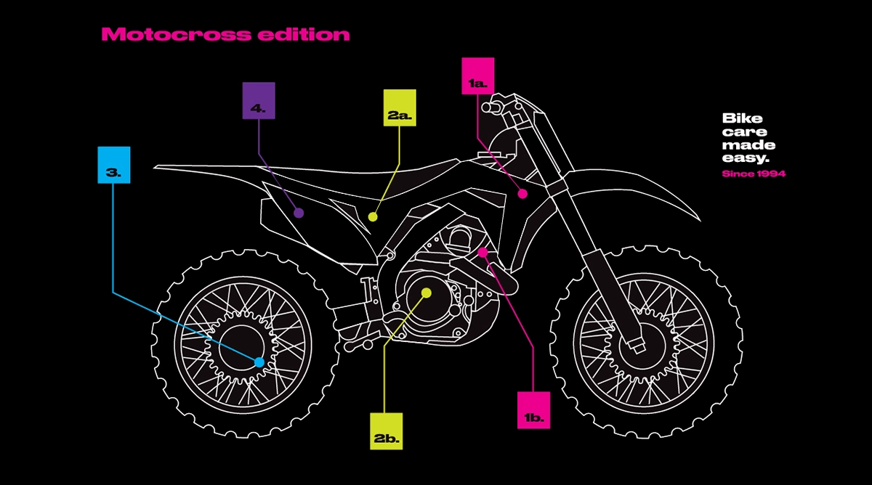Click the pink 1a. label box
coord(478,76)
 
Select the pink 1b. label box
coord(533,410)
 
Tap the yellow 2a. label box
coord(400,107)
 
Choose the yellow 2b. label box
coord(386,431)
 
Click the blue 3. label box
coord(114,165)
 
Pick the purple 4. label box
coord(259,100)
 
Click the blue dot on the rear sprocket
coord(259,362)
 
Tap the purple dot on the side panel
coord(299,213)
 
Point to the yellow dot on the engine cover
coord(427,293)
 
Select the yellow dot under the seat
coord(373,217)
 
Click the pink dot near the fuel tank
coord(522,194)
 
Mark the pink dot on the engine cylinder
coord(483,253)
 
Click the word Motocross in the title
coord(176,34)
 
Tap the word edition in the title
coord(304,34)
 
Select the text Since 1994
coord(754,174)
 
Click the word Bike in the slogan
coord(743,118)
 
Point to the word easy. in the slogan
coord(746,158)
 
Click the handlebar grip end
coord(487,107)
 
